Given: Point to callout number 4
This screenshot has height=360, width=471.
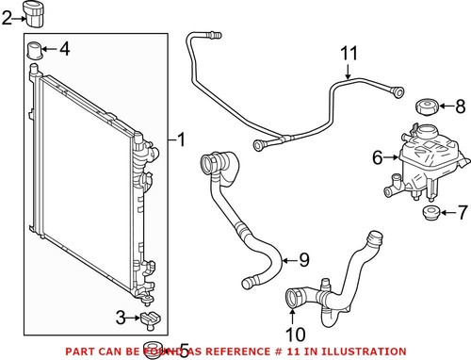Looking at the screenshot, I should pos(64,48).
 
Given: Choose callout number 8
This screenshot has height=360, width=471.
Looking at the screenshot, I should pos(460,106).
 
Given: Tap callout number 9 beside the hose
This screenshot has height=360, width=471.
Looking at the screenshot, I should pos(303,259).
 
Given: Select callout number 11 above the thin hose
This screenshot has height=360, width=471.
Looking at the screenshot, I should pos(349,53).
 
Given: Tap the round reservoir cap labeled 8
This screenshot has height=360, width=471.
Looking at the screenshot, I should pos(425,106).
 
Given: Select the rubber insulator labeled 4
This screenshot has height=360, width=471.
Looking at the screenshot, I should pos(36,50).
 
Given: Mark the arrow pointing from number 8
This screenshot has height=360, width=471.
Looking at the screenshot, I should pos(445,106).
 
